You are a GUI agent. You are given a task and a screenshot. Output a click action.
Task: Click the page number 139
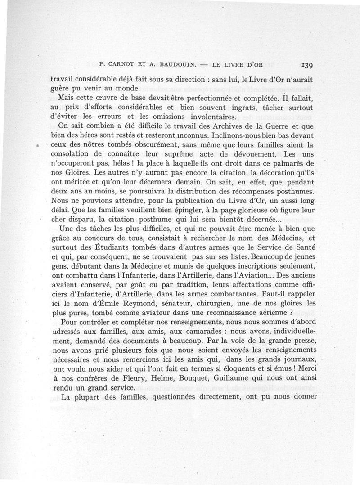pyautogui.click(x=305, y=64)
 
